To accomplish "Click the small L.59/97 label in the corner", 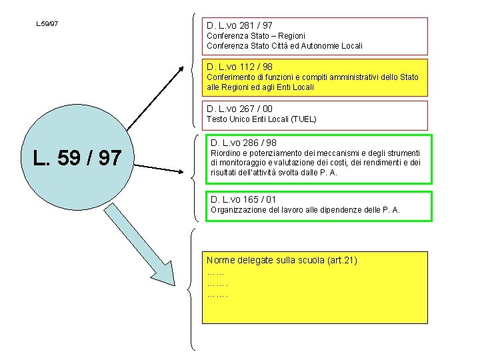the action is point(47,23).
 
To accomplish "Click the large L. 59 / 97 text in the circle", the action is point(77,158).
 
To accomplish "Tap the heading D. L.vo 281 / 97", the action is point(239,25).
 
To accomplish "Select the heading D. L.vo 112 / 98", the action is point(239,67).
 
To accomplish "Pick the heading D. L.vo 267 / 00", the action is point(239,109).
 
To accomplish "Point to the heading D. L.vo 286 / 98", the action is point(243,143).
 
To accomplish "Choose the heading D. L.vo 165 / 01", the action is point(243,199).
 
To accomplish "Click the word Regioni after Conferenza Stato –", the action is point(291,36).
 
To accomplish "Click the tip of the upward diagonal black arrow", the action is point(183,67).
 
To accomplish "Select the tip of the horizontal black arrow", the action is point(183,172).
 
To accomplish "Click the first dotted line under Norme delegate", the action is point(215,274).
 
